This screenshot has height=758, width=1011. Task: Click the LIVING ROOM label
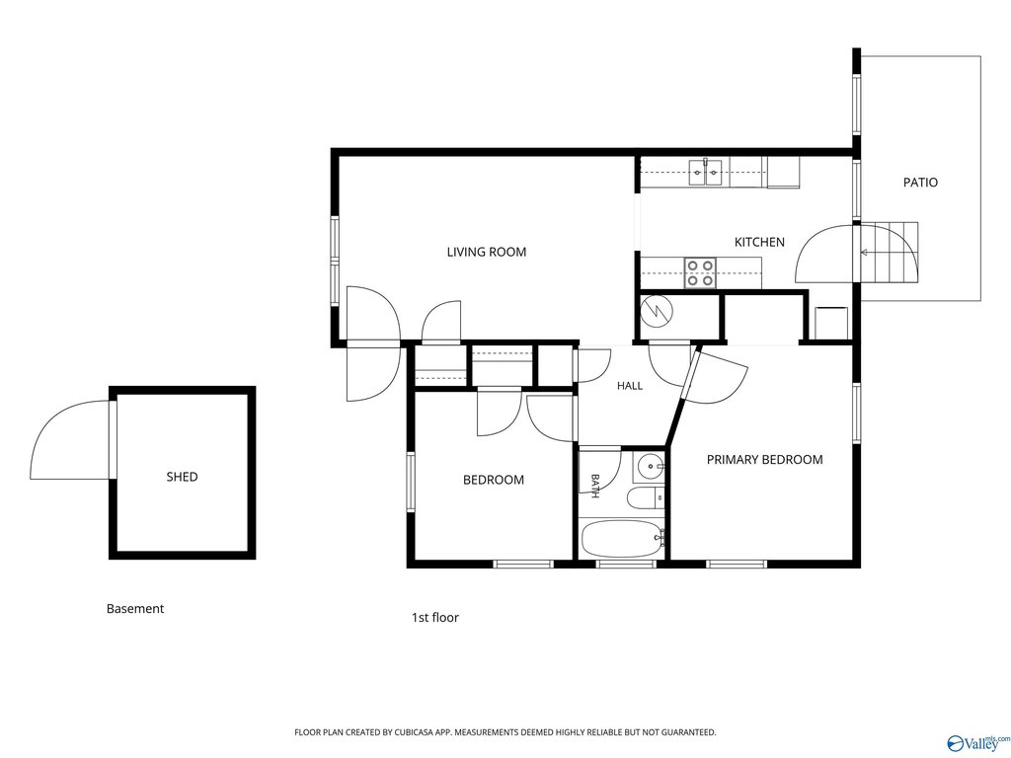486,252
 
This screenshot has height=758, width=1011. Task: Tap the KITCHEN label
759,243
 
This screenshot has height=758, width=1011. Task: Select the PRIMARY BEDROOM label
765,460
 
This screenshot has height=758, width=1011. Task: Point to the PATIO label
920,183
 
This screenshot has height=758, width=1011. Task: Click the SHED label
182,477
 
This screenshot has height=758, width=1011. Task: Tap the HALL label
629,386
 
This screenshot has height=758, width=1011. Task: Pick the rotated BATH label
595,486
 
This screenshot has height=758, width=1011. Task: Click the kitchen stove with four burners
700,272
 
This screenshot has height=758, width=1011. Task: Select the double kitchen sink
705,173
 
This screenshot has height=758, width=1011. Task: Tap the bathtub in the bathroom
623,539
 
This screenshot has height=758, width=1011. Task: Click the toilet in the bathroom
645,497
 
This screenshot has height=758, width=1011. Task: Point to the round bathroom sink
649,465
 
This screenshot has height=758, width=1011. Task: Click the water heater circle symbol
657,312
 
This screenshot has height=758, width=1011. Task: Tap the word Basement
134,608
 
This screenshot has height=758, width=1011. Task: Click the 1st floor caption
435,618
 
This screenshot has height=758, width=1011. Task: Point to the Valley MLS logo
975,742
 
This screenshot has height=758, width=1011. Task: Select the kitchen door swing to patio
824,254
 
